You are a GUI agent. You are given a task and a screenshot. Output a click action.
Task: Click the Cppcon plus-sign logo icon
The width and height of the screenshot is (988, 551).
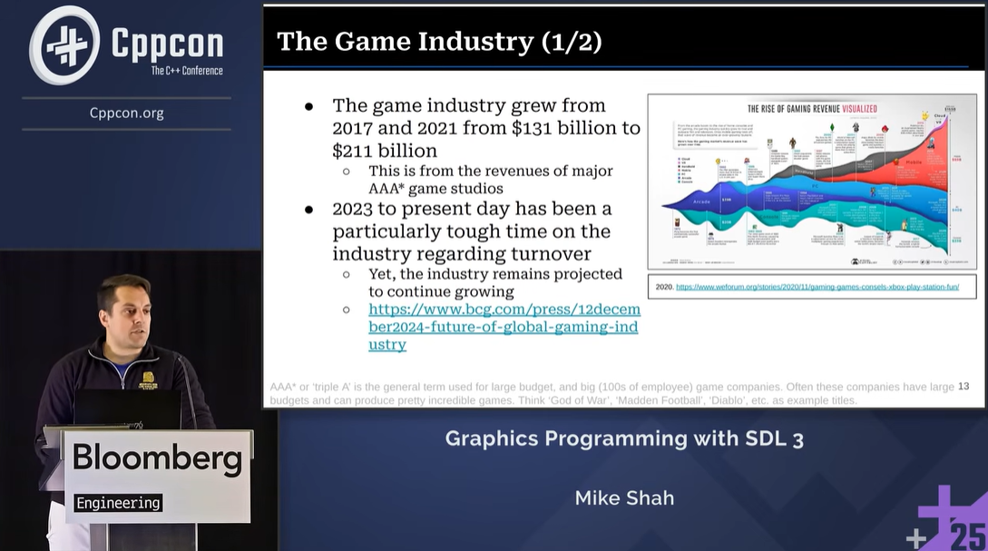coord(64,44)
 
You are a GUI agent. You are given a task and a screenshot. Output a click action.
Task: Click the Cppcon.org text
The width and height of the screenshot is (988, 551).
coord(126,113)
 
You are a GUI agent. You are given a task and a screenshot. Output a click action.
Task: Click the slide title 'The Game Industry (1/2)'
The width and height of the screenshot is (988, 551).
coord(439,41)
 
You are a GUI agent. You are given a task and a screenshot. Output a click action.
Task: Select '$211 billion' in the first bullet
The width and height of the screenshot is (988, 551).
coord(385,151)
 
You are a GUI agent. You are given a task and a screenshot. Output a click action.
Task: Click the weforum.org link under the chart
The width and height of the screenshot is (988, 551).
coord(817,287)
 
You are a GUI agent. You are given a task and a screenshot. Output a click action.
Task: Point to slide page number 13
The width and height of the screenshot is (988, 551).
coord(964,387)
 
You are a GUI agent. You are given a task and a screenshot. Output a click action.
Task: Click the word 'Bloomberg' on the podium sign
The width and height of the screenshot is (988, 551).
coord(157,458)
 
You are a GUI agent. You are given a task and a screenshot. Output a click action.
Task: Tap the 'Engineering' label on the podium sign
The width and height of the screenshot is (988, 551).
coord(118,503)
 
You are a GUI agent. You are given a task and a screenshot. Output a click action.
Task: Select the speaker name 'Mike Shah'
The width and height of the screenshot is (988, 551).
coord(624,498)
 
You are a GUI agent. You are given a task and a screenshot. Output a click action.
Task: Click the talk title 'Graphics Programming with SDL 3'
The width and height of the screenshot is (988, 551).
coord(624,439)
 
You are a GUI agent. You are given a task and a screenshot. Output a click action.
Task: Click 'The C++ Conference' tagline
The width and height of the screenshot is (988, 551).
coord(186,71)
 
